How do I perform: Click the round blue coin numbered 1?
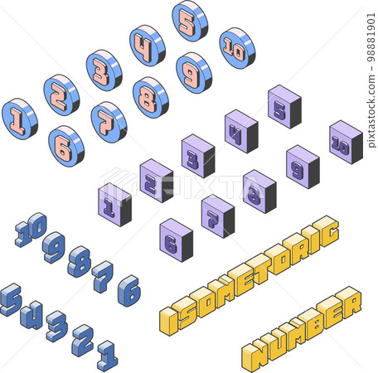tap(20, 119)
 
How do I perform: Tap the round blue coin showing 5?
tap(190, 21)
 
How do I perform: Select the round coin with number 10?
tap(237, 48)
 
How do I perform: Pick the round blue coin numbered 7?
tap(109, 123)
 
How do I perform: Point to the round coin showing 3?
tap(104, 70)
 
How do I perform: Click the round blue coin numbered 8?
tap(151, 98)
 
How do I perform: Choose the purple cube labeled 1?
tap(114, 205)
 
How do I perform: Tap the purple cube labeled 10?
tap(346, 143)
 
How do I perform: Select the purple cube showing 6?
tap(177, 240)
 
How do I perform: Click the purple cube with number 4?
tap(241, 131)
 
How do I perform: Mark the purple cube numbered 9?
tap(303, 167)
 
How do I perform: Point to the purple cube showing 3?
tap(198, 156)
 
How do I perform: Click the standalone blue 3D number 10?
tap(31, 230)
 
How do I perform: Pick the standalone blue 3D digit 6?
tap(129, 291)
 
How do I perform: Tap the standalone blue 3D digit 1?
tap(108, 356)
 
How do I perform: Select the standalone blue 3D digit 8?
tap(80, 262)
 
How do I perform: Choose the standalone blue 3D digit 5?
tap(11, 299)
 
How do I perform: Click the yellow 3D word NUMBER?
tap(302, 329)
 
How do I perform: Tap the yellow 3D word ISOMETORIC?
tap(250, 275)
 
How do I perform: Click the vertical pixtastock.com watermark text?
tap(371, 80)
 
